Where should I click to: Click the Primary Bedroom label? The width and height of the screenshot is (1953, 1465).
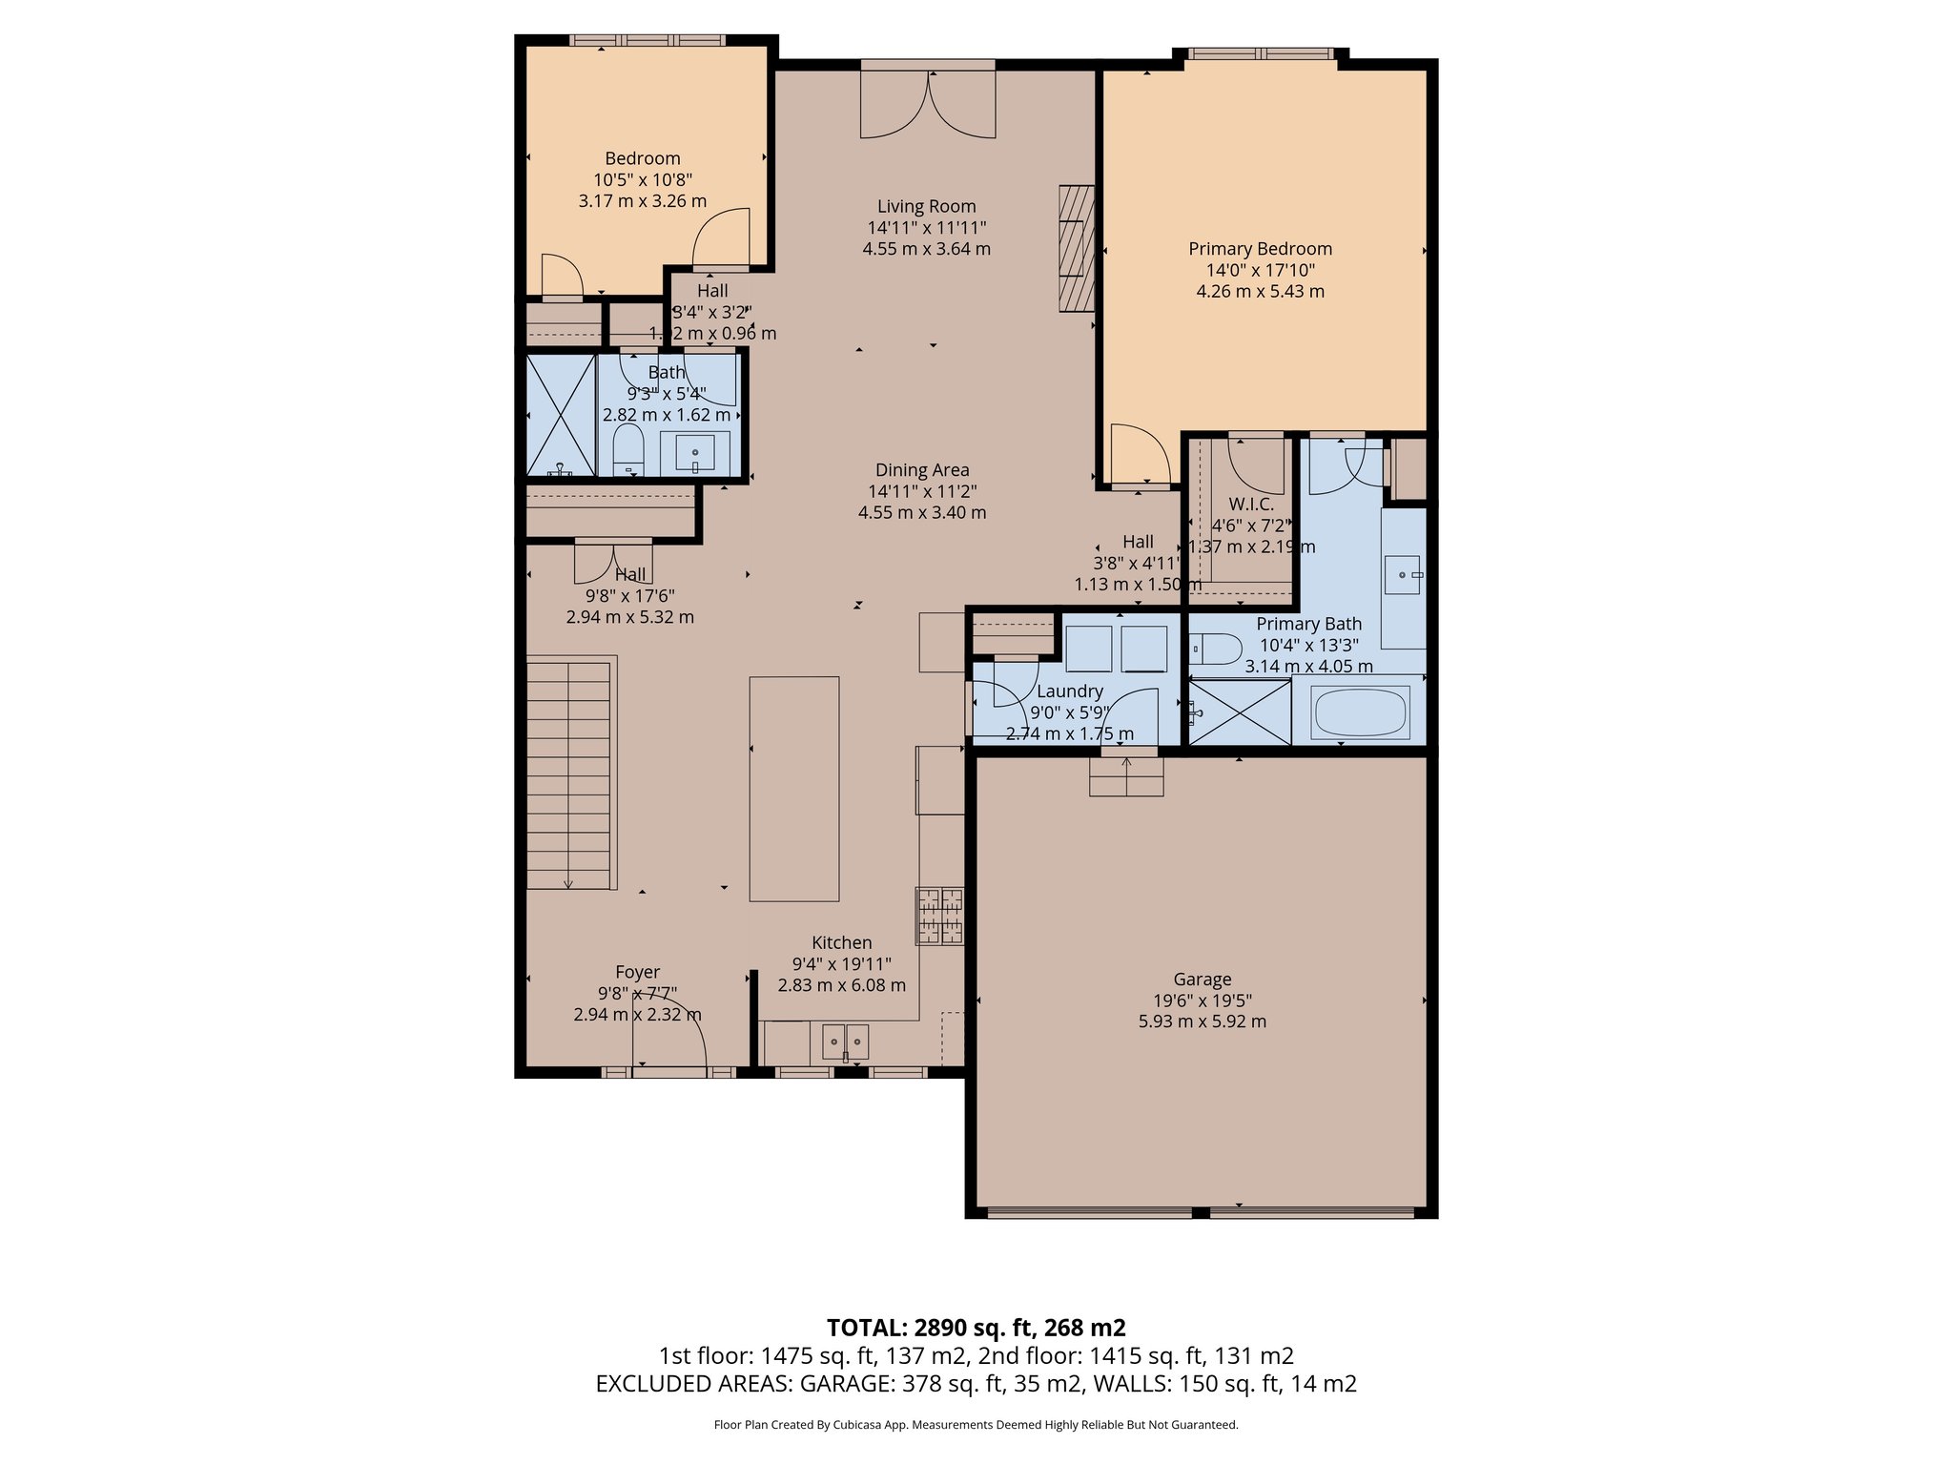(1260, 249)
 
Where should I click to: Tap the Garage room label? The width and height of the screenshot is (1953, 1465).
(1202, 980)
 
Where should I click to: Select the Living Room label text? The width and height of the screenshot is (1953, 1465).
(926, 206)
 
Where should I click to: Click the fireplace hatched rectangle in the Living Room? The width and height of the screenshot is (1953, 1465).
(1076, 248)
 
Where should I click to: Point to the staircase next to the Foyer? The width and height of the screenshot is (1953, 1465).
(568, 773)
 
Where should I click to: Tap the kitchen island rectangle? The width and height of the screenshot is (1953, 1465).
(793, 789)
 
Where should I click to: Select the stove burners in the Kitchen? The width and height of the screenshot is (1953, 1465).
(940, 916)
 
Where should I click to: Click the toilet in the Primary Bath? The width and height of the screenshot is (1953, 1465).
(1215, 650)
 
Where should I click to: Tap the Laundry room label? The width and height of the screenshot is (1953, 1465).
(1069, 691)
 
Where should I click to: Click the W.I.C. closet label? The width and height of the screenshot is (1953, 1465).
(1250, 504)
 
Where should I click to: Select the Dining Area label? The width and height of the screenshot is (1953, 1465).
(921, 470)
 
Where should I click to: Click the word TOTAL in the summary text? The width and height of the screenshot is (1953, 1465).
(865, 1328)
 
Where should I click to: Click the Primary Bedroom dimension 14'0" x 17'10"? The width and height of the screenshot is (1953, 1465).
(1260, 270)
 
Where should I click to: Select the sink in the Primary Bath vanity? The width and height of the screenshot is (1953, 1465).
(1403, 575)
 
